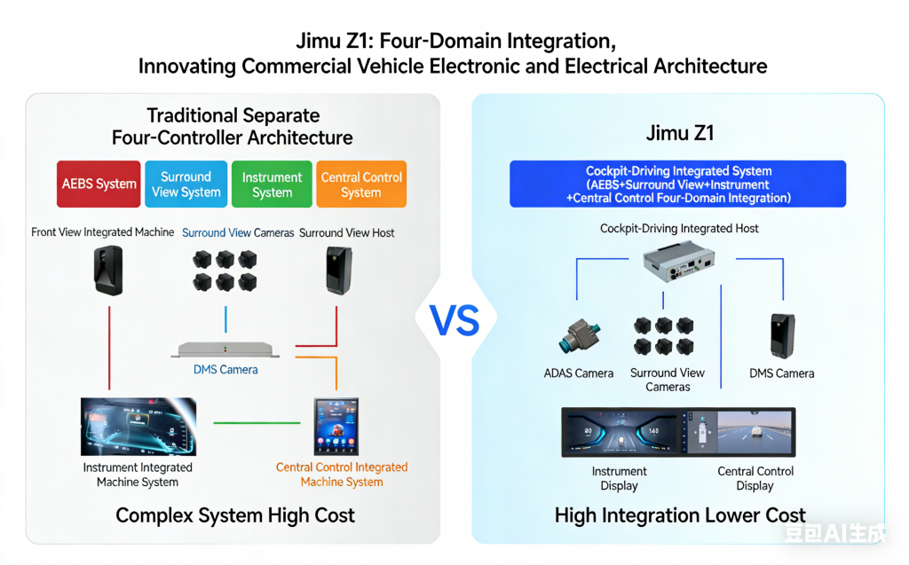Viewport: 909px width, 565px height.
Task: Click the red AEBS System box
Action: pyautogui.click(x=99, y=184)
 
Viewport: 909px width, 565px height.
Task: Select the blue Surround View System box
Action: pyautogui.click(x=186, y=184)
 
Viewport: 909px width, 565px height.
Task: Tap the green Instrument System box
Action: pyautogui.click(x=272, y=184)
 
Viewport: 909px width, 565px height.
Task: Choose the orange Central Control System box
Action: pyautogui.click(x=360, y=184)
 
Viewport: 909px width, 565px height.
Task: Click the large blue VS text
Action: pyautogui.click(x=454, y=319)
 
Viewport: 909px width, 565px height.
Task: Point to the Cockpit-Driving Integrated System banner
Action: pyautogui.click(x=678, y=184)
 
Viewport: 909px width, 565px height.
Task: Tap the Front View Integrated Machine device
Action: pyautogui.click(x=108, y=270)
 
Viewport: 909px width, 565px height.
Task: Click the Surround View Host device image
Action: pyautogui.click(x=337, y=270)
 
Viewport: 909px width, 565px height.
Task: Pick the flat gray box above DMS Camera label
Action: pyautogui.click(x=225, y=349)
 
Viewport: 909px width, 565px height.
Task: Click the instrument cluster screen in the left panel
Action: pyautogui.click(x=138, y=427)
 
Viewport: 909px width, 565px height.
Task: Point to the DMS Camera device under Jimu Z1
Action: pyautogui.click(x=781, y=336)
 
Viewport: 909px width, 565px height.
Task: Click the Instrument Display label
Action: pyautogui.click(x=619, y=478)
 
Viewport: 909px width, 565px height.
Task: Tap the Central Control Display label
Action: pyautogui.click(x=755, y=478)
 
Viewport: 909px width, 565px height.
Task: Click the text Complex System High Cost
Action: pyautogui.click(x=235, y=515)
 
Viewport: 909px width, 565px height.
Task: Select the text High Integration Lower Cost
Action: pyautogui.click(x=680, y=515)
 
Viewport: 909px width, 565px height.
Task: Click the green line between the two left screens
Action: pyautogui.click(x=256, y=422)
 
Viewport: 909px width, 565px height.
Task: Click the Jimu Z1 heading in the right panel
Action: pyautogui.click(x=679, y=134)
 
